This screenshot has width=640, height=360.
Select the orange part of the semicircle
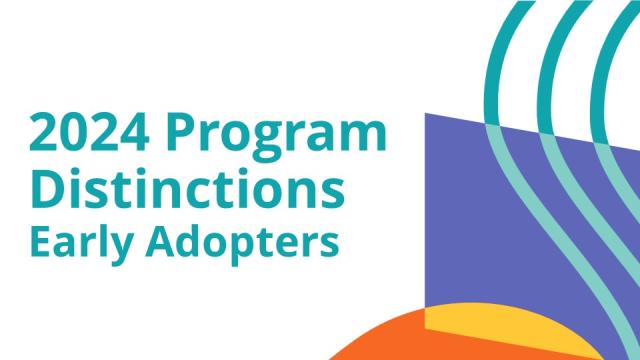click(385, 340)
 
